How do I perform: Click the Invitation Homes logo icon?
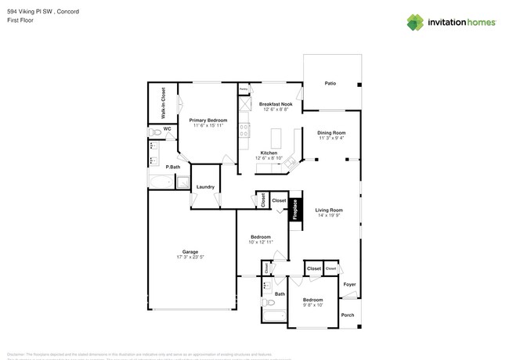pos(415,22)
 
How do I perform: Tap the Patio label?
pos(330,83)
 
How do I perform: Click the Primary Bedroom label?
pos(207,120)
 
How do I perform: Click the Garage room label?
pos(190,251)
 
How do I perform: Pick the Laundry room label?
pos(205,186)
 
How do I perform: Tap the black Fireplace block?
pos(296,209)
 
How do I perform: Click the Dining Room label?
pos(331,133)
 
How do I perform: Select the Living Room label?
pos(330,211)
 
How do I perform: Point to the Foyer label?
pos(349,284)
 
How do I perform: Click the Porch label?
pos(348,315)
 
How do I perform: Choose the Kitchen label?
pos(269,153)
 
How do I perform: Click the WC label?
pos(167,128)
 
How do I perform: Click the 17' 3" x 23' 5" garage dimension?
pos(190,257)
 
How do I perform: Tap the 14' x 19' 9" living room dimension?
pos(330,216)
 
